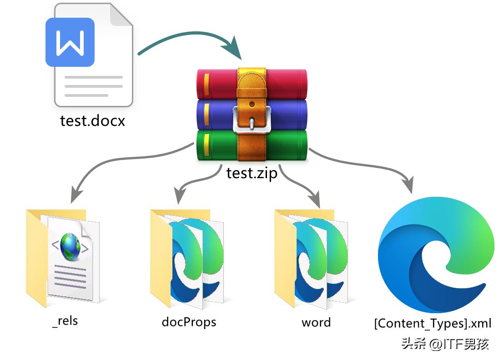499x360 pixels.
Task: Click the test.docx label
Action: click(92, 121)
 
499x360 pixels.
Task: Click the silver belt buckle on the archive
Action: click(252, 119)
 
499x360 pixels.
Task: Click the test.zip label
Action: click(252, 173)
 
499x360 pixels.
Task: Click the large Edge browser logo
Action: click(436, 255)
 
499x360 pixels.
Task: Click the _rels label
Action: click(65, 321)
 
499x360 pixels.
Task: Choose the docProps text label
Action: click(189, 322)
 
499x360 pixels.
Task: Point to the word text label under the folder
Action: click(316, 322)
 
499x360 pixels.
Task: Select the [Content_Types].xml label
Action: click(433, 323)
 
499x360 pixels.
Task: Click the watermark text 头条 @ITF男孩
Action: click(445, 344)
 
